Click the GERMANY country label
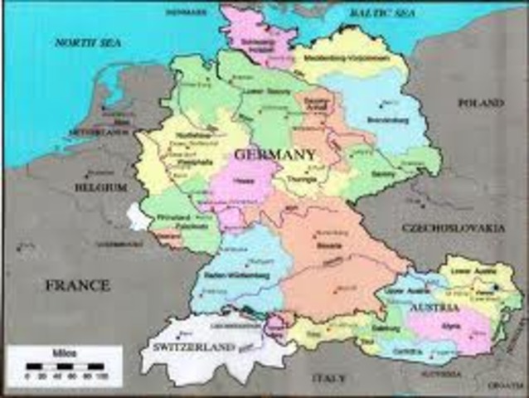(274, 155)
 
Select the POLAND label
(480, 103)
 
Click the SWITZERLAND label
(187, 344)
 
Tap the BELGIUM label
(100, 187)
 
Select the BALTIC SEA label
(380, 13)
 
